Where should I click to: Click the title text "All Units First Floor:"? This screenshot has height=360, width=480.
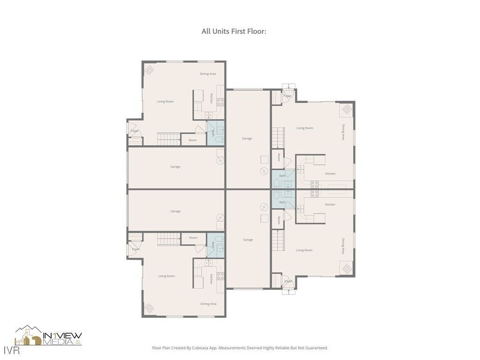(234, 31)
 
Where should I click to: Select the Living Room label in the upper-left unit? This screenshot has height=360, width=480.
(165, 101)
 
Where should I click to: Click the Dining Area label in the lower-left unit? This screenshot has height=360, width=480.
(208, 304)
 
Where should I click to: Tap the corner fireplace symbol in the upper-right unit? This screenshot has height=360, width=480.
(346, 110)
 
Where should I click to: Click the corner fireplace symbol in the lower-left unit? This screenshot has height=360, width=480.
(150, 308)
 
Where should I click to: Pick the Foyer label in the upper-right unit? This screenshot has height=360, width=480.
(287, 96)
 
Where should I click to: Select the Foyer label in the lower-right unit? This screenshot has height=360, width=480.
(288, 281)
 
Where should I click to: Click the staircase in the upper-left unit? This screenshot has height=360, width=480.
(169, 139)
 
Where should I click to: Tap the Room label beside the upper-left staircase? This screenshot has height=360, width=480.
(193, 140)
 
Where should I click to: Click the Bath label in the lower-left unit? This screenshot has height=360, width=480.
(212, 245)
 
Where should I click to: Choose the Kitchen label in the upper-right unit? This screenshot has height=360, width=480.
(330, 174)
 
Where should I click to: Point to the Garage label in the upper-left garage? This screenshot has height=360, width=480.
(175, 166)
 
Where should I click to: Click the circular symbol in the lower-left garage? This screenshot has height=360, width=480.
(219, 218)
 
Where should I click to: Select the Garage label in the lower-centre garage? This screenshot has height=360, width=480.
(248, 240)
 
